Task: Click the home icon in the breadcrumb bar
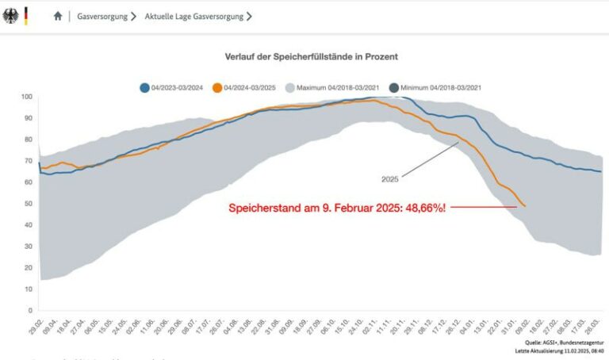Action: point(58,16)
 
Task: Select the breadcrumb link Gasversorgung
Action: point(102,16)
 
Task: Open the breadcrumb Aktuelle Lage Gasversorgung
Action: point(193,16)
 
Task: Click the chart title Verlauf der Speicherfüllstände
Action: point(311,57)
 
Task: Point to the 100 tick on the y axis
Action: point(26,97)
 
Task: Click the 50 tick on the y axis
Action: point(28,204)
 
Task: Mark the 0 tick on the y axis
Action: point(30,310)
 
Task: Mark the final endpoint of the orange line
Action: point(525,206)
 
